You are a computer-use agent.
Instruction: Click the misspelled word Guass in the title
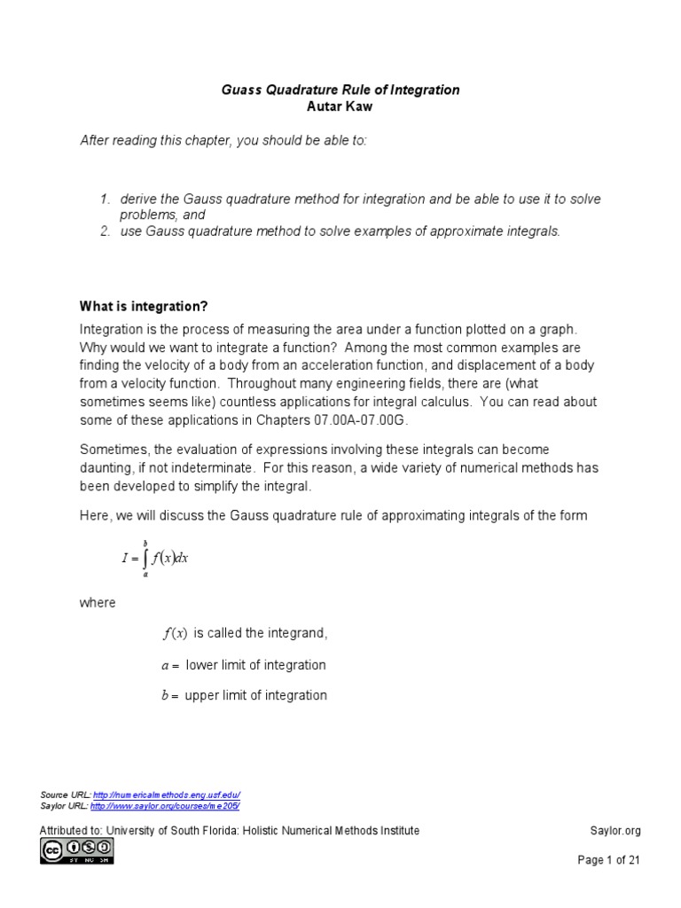click(x=239, y=90)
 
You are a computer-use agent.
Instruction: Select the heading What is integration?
click(x=144, y=306)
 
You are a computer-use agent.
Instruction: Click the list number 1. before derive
click(x=105, y=200)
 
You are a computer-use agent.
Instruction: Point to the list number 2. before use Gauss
click(x=105, y=231)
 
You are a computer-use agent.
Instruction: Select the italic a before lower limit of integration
click(x=165, y=665)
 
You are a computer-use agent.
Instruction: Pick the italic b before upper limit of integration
click(x=165, y=696)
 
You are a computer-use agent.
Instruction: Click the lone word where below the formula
click(x=98, y=602)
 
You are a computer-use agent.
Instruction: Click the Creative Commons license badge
click(x=76, y=851)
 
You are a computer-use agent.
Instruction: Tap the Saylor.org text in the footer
click(x=614, y=831)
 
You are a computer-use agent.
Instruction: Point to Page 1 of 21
click(x=608, y=859)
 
